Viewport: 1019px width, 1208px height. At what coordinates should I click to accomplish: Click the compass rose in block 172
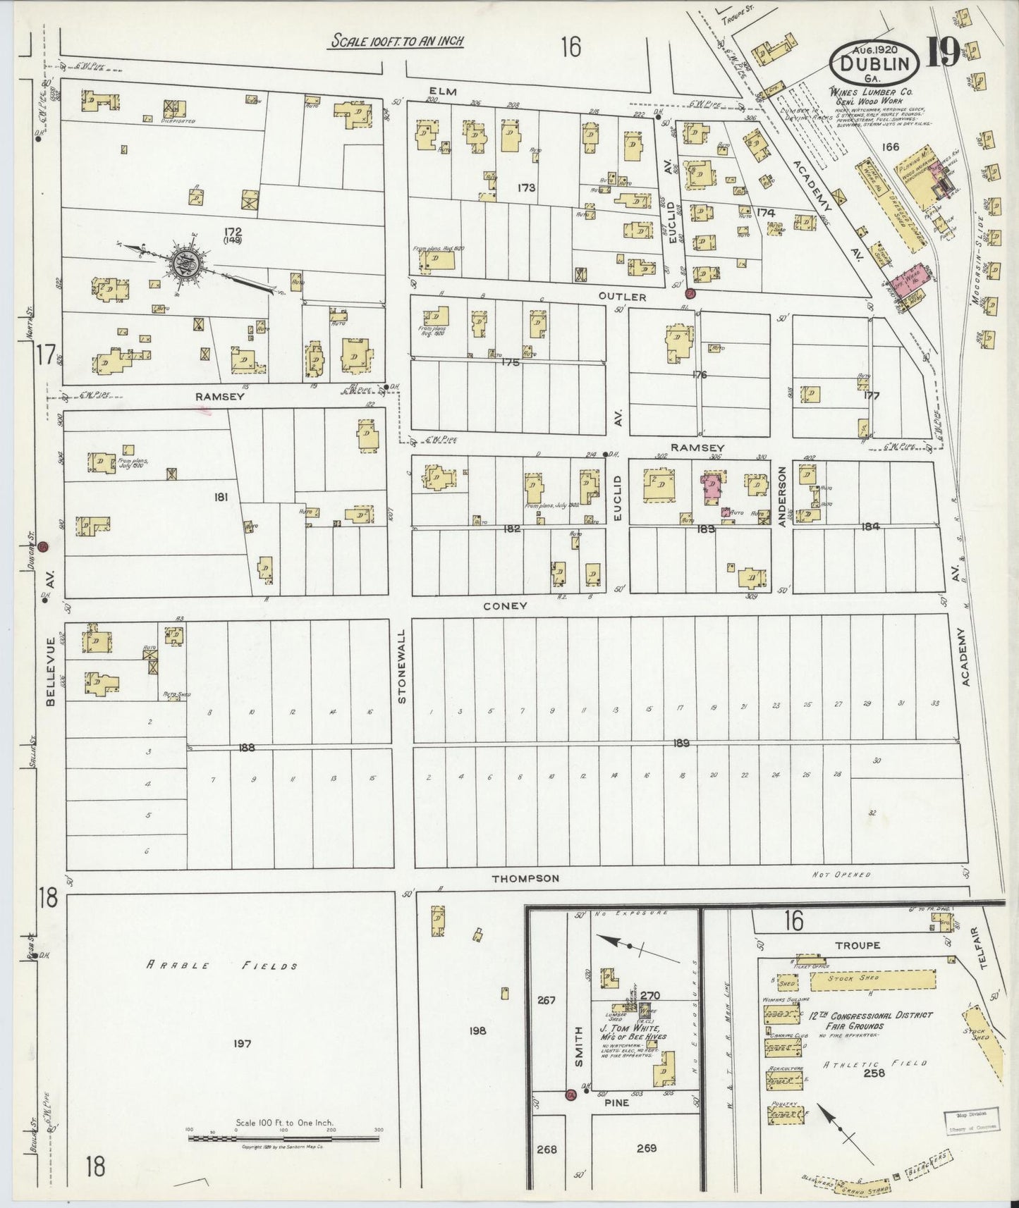click(x=187, y=264)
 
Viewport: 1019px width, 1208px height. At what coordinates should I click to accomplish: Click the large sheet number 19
click(x=943, y=53)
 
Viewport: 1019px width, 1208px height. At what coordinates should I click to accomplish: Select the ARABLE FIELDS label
click(x=221, y=966)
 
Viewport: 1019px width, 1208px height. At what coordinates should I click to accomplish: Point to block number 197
click(x=241, y=1043)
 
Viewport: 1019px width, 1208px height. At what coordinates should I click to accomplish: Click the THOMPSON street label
click(x=525, y=878)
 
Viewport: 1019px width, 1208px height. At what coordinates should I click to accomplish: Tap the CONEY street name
click(x=505, y=605)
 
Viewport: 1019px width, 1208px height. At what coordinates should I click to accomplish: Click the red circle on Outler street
click(x=690, y=292)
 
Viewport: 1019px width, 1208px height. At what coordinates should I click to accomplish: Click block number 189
click(x=681, y=743)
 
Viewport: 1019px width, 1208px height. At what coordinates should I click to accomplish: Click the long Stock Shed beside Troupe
click(x=872, y=980)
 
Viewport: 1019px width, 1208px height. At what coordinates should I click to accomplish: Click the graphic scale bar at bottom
click(x=283, y=1138)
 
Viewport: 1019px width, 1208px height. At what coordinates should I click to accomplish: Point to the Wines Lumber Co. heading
click(x=871, y=92)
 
